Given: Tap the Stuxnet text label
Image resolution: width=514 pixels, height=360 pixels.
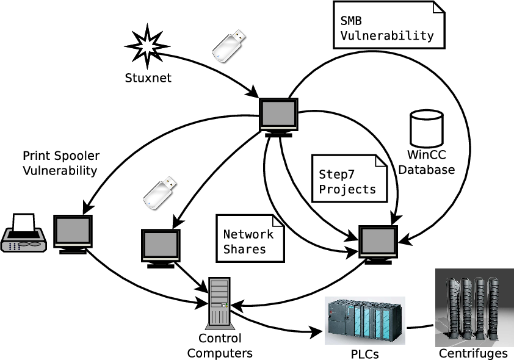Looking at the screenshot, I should point(148,78).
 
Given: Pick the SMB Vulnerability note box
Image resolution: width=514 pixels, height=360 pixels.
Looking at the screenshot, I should point(388,25).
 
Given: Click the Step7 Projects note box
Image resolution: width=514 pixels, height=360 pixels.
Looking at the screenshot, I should point(349,178).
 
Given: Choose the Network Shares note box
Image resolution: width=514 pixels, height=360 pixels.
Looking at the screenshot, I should point(250,238).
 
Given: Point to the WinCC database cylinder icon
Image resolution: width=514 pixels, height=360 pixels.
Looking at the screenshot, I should point(426,129).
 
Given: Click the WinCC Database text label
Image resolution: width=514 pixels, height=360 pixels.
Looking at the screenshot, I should point(427,163).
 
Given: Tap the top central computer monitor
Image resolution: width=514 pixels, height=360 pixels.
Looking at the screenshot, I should point(279,115).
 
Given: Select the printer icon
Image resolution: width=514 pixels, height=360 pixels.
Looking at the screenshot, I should point(23,234).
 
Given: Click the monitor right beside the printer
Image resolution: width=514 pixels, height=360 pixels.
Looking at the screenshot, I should point(73,233).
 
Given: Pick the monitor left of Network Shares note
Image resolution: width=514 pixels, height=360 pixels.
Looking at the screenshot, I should point(161,247).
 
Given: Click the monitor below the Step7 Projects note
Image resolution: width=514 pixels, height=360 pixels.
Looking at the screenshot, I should point(378,243).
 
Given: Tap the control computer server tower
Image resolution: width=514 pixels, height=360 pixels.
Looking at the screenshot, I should point(219,302).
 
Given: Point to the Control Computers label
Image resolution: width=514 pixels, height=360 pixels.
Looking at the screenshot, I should point(220,346).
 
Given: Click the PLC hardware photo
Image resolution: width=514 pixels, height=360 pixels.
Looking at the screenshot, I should point(365,320).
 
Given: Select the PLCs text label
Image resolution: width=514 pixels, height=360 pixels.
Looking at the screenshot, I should point(365,354).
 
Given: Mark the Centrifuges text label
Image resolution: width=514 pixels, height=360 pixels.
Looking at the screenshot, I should point(474,354).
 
